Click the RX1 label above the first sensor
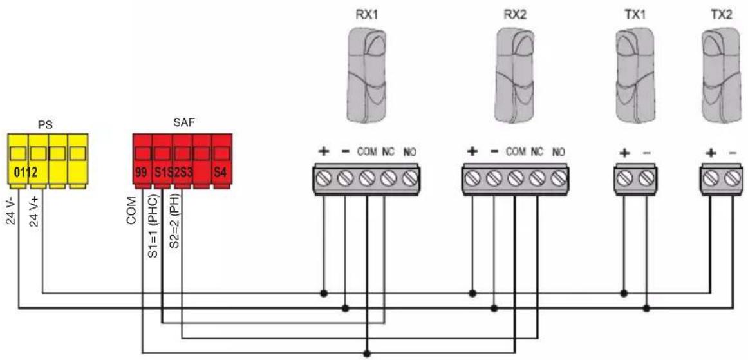click(366, 14)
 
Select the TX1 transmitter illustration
click(635, 75)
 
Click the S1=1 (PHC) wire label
click(153, 226)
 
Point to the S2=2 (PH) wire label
click(174, 223)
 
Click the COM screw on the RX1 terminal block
click(366, 178)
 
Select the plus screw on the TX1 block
click(624, 178)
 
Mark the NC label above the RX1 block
click(387, 153)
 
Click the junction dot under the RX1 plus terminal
click(324, 292)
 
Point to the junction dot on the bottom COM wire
click(366, 354)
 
